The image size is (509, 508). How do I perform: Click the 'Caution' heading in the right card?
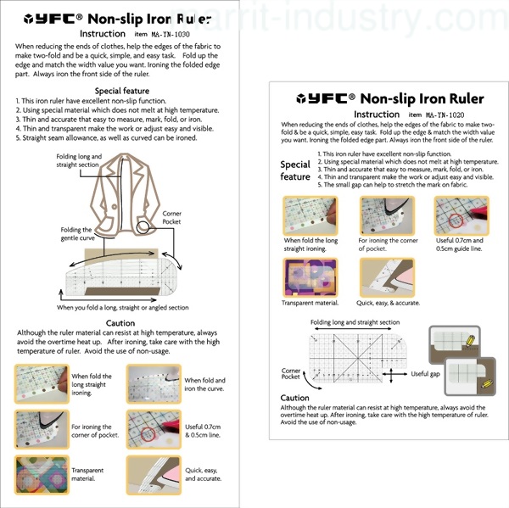point(295,397)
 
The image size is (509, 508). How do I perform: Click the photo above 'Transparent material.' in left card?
point(37,472)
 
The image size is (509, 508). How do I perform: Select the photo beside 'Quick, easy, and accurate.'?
point(150,472)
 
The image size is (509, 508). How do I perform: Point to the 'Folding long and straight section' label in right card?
point(354,322)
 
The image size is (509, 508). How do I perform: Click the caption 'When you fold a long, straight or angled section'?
point(123,307)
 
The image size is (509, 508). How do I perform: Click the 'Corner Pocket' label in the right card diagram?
point(291,375)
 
